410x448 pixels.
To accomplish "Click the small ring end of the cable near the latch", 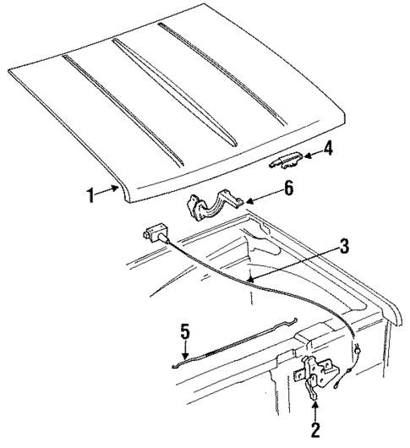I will (x=358, y=353).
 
